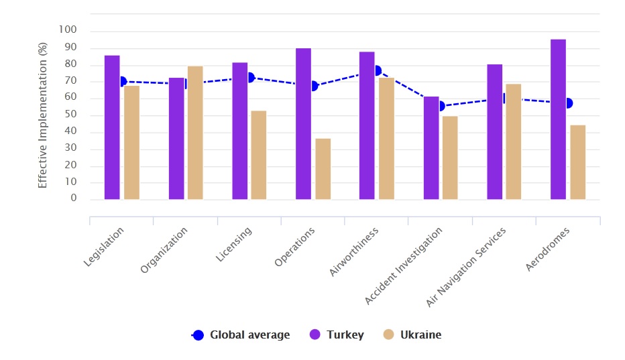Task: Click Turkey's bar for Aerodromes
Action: (558, 119)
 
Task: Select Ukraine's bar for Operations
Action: (323, 169)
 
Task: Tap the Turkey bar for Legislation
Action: (112, 127)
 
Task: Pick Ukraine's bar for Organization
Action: (195, 133)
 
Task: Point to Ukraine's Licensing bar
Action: (259, 155)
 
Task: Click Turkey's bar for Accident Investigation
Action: (431, 148)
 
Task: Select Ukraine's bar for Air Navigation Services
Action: (513, 141)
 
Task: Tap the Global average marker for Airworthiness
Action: (378, 70)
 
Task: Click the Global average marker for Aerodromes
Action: (568, 103)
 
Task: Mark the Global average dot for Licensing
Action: (250, 78)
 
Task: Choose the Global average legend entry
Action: (241, 335)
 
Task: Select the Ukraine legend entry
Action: (412, 335)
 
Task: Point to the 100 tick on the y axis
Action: (68, 30)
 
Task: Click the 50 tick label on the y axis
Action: (71, 115)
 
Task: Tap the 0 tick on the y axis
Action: (74, 199)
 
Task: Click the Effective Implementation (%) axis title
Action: (43, 115)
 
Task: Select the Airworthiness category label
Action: (355, 251)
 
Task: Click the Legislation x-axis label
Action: (104, 247)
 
